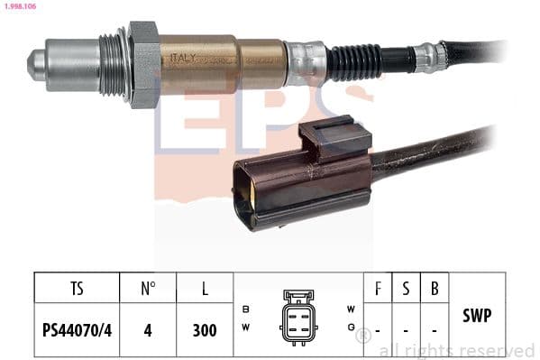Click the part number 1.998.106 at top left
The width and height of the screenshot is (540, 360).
point(21,7)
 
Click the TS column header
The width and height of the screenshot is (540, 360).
point(77,290)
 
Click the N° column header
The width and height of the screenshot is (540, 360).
point(148,290)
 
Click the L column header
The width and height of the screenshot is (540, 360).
point(205,290)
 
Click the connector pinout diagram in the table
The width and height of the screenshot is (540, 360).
point(299,316)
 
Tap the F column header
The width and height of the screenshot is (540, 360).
point(377,290)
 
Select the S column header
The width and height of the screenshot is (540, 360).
point(406,290)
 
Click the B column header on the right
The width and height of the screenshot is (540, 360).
point(435,290)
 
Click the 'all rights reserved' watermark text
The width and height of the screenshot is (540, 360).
point(456,350)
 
